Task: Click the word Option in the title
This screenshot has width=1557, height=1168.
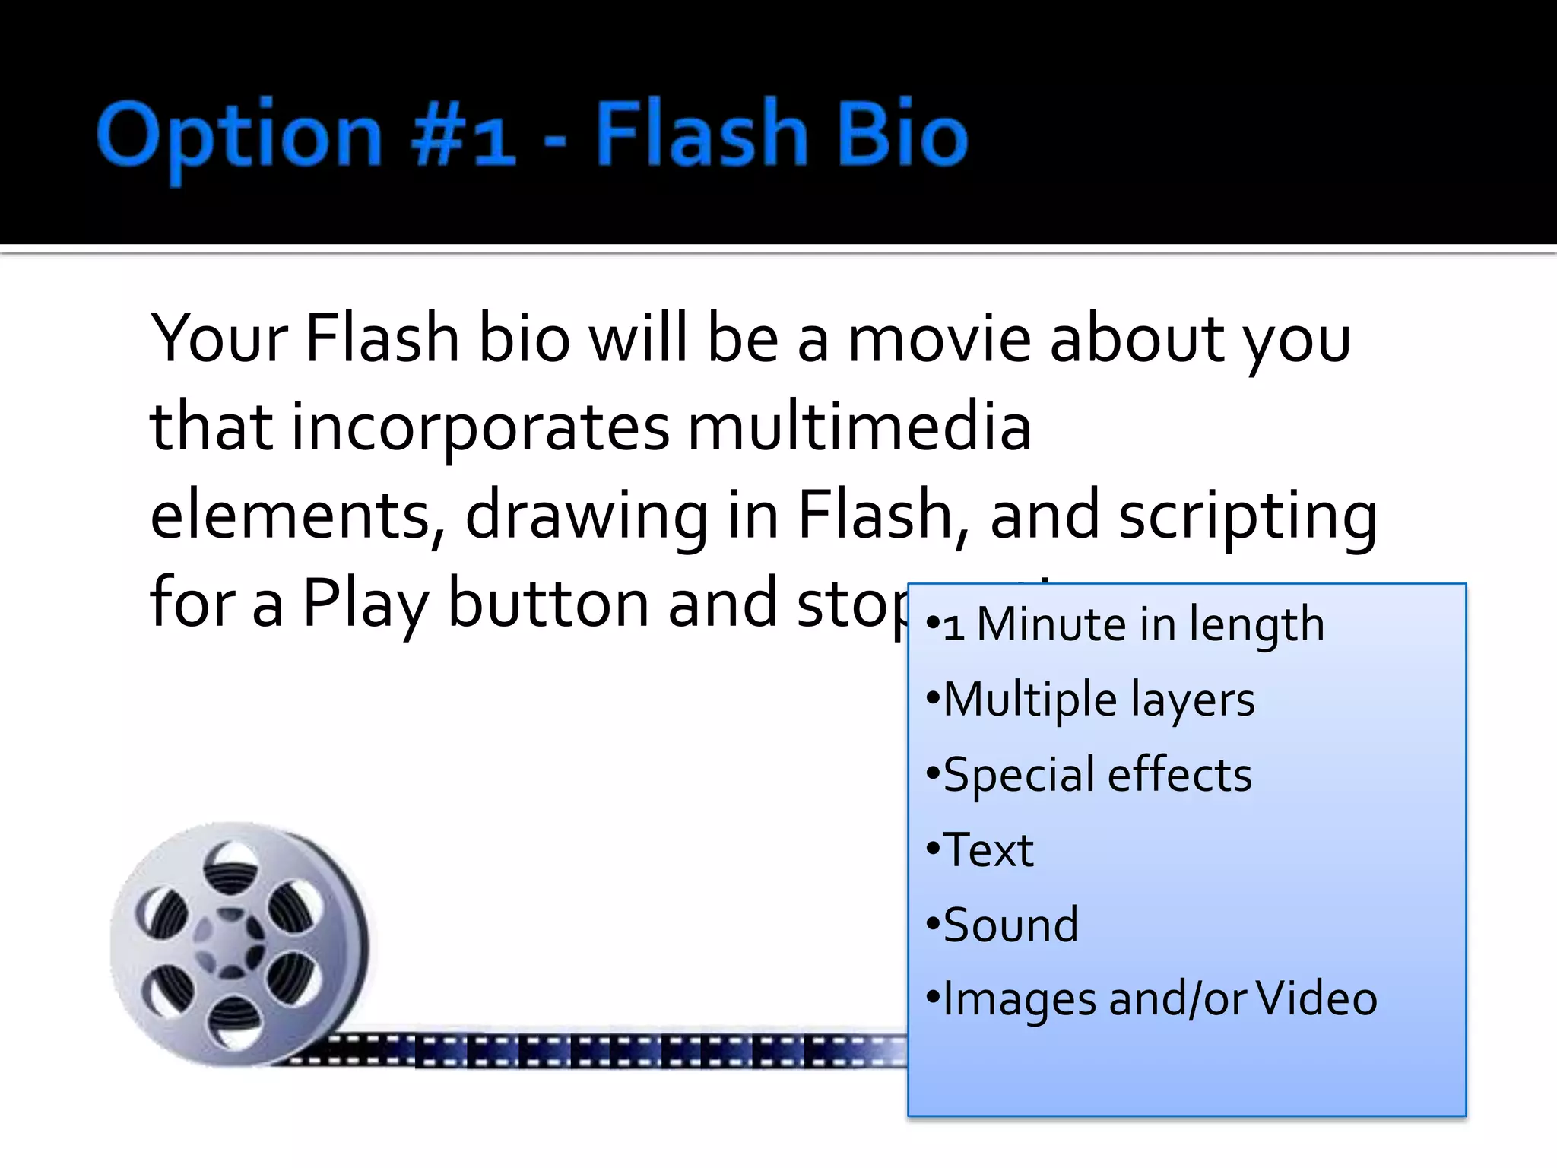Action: coord(239,137)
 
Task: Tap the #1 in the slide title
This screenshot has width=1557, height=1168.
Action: coord(463,137)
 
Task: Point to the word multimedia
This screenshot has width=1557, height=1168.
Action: coord(859,427)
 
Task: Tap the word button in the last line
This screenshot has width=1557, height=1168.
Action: coord(548,603)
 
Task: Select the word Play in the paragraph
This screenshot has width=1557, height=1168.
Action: coord(365,603)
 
